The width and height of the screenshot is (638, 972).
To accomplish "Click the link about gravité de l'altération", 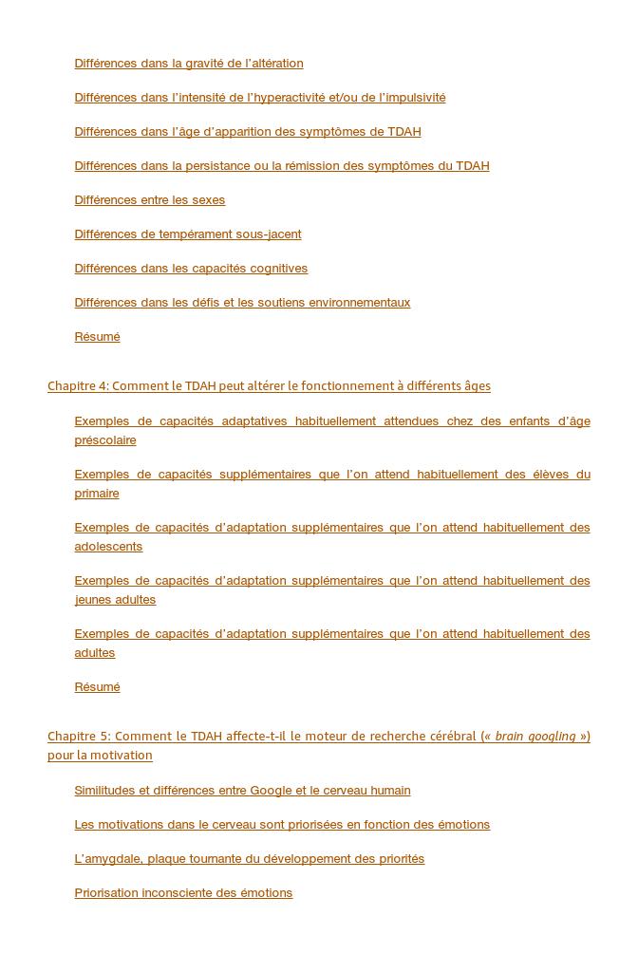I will (189, 64).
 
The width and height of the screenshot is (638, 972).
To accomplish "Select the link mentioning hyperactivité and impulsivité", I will (259, 98).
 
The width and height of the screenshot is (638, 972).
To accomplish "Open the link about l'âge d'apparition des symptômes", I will (247, 132).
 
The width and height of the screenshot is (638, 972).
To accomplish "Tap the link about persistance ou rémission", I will (281, 166).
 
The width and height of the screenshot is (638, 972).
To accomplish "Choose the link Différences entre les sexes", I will (149, 200).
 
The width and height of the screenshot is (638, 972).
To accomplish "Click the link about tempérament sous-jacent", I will (187, 234).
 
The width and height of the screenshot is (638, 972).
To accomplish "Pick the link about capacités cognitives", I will (191, 269).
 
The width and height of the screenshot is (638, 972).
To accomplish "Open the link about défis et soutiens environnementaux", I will (242, 303).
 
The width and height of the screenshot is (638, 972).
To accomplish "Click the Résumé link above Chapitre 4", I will (97, 337).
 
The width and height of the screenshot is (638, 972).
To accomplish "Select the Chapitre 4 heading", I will (269, 386).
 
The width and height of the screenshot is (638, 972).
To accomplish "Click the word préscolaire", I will (105, 440).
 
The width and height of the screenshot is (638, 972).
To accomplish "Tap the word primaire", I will (97, 494).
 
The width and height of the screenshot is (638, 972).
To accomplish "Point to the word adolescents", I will (108, 547).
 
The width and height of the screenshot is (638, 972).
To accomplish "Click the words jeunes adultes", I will (115, 600).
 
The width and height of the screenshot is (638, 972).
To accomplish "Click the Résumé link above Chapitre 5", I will (97, 687).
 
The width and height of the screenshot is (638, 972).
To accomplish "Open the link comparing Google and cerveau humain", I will (242, 791).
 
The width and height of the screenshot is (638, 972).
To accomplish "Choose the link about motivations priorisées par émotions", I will (282, 825).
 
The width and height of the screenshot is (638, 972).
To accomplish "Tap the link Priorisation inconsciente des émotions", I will (183, 893).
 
